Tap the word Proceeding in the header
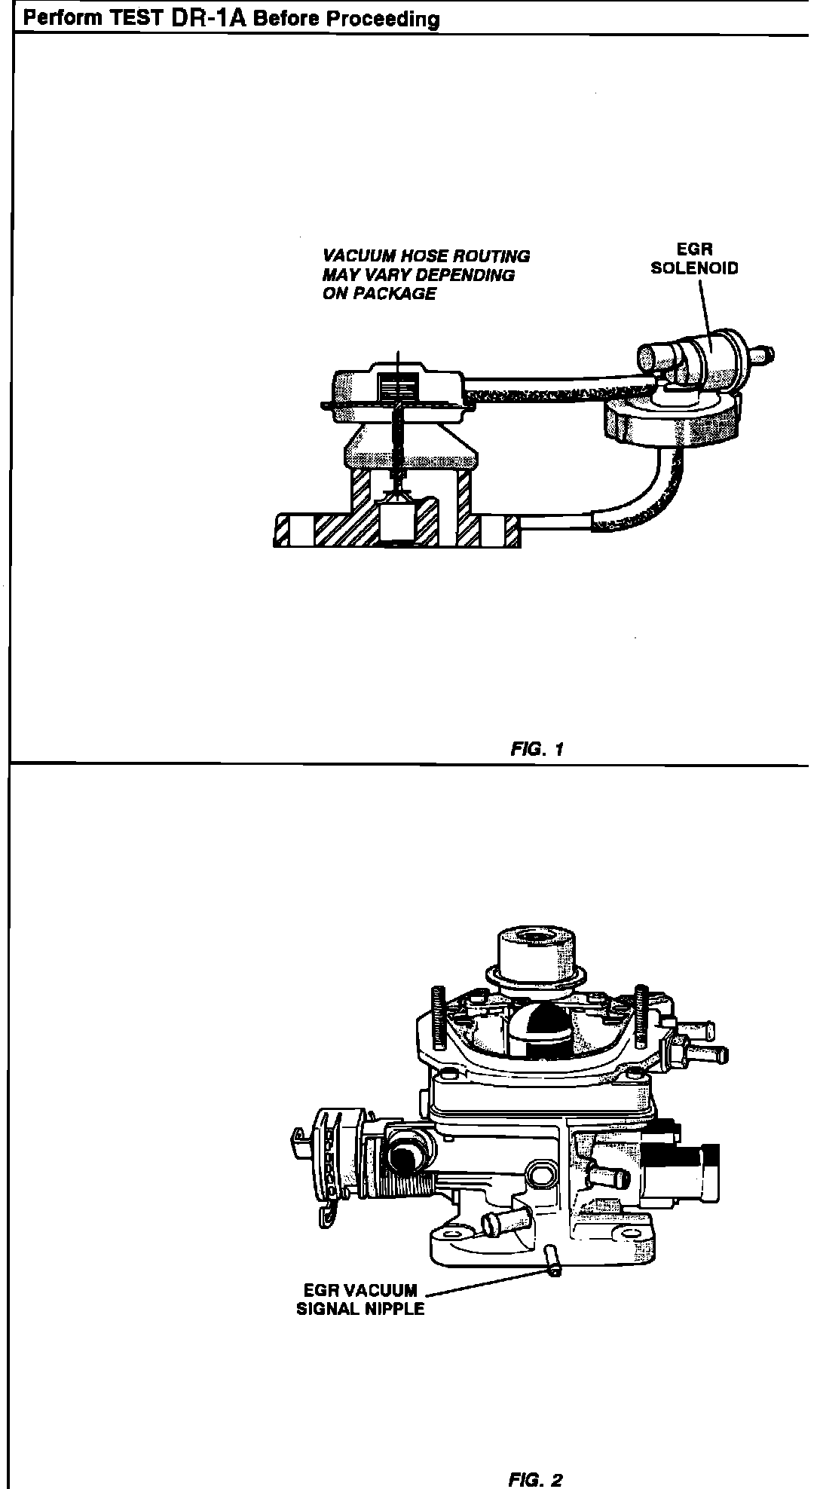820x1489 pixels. point(391,19)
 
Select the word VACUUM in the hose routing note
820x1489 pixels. point(354,256)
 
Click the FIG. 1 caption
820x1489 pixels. point(537,749)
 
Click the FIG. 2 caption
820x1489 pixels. point(536,1458)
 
